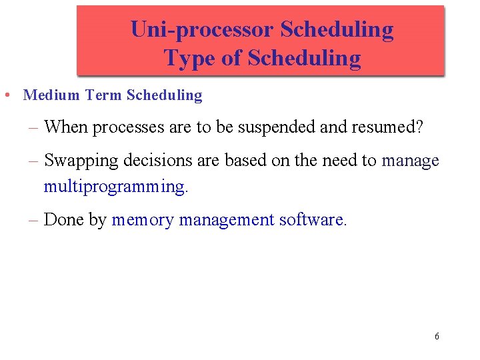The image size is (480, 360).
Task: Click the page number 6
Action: (x=437, y=336)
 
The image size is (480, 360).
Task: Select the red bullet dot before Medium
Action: (x=6, y=95)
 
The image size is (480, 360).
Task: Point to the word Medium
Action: (x=52, y=95)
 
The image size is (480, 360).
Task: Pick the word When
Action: (x=66, y=127)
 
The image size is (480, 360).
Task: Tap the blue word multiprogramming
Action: (x=115, y=187)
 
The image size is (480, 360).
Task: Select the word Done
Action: (x=64, y=220)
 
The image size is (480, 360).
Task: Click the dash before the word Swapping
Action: (x=33, y=161)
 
